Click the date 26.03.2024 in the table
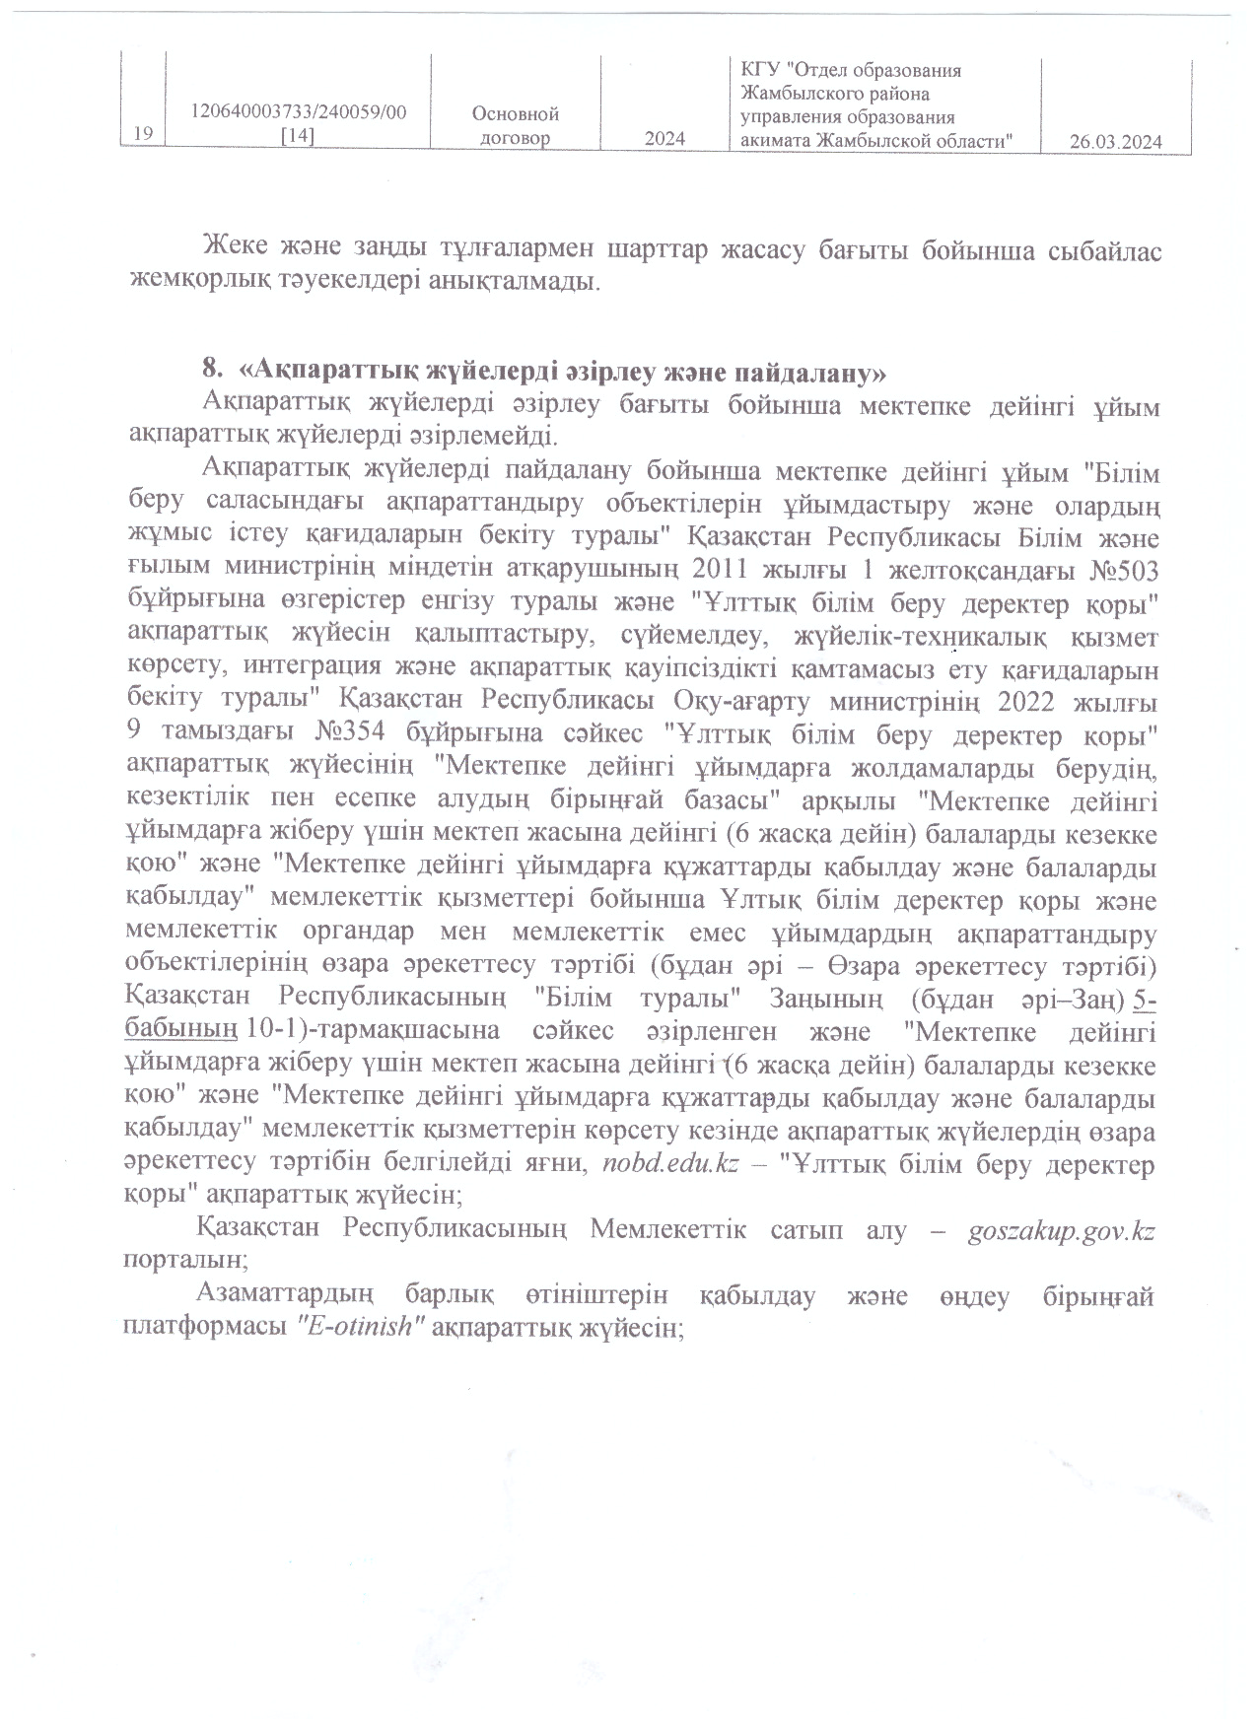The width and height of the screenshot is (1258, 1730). coord(1115,142)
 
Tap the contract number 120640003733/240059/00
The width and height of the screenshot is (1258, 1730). coord(299,113)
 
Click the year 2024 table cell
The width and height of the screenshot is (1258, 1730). coord(664,139)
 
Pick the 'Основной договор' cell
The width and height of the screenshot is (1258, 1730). coord(516,126)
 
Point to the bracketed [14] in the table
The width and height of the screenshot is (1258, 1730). coord(298,138)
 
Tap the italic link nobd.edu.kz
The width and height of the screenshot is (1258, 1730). coord(668,1163)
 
